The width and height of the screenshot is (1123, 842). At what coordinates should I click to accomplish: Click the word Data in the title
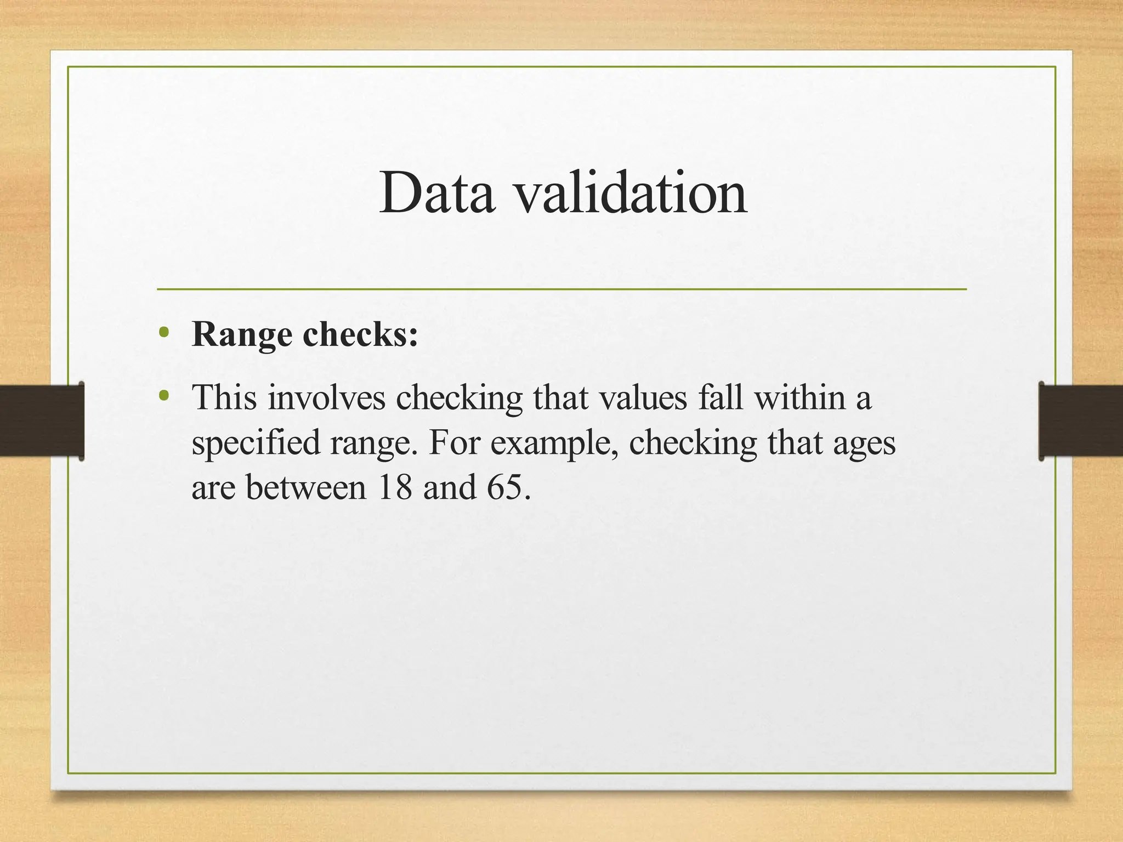tap(437, 193)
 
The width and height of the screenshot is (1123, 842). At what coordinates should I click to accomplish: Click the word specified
tap(256, 443)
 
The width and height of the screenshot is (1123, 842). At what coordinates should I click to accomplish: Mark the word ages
tap(864, 443)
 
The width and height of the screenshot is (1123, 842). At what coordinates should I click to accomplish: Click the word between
tap(305, 487)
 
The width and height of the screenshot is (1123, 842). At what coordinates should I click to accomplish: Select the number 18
tap(394, 487)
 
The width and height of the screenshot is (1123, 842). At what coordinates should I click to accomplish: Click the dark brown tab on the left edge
tap(42, 421)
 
